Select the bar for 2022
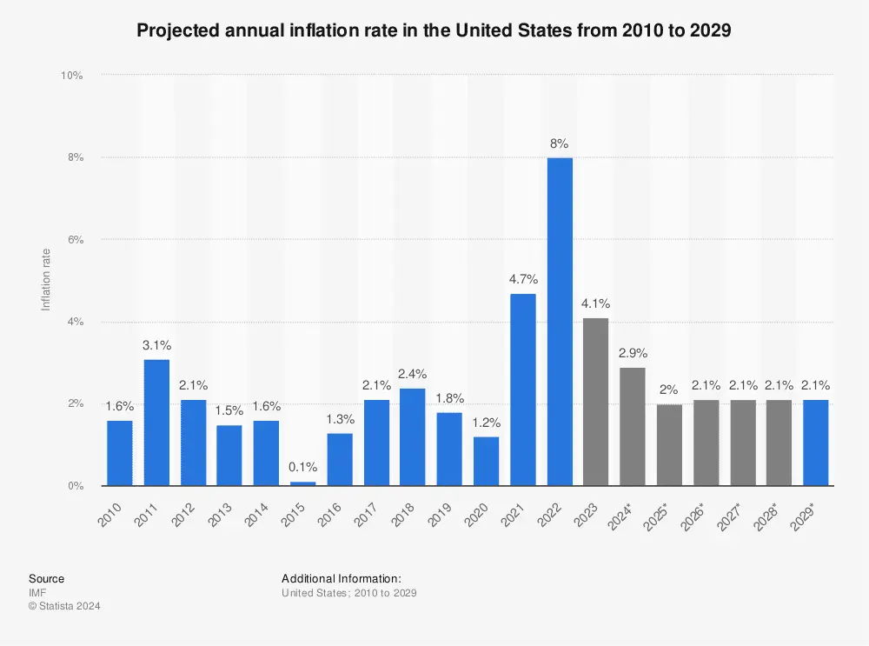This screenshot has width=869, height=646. coord(560,322)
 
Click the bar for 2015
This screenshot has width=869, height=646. coord(302,483)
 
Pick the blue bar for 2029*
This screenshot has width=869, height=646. coord(816,443)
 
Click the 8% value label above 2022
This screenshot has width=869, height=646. coord(560,143)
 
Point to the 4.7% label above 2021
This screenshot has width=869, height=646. coord(523,279)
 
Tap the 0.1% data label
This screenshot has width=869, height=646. coord(302,467)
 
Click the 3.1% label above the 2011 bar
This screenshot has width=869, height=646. coord(156,345)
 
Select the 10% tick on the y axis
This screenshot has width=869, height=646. coord(71,76)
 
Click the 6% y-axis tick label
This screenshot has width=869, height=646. coord(74,240)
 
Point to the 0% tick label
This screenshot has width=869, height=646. coord(74,486)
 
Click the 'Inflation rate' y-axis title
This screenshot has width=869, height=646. coord(46,280)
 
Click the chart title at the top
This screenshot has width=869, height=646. coord(434,30)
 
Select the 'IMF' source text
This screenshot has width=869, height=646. coord(36,593)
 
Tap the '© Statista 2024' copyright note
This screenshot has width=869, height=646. coord(64,606)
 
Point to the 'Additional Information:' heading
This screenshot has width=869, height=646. coord(341,578)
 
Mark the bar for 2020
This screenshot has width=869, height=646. coord(487,461)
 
